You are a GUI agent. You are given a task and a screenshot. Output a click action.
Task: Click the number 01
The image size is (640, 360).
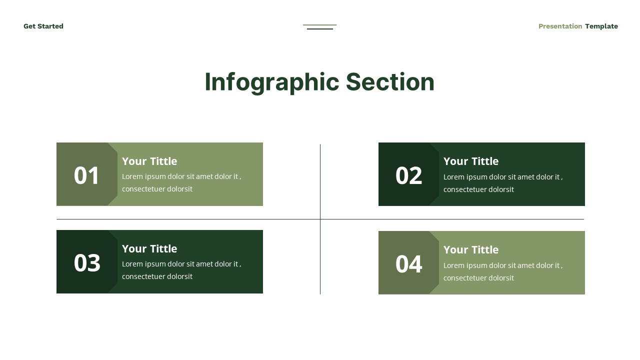[87, 175]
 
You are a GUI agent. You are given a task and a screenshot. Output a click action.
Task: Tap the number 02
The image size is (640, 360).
[408, 175]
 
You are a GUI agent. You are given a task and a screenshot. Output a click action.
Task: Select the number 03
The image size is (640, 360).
[87, 263]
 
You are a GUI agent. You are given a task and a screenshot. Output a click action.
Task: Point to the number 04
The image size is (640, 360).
[408, 264]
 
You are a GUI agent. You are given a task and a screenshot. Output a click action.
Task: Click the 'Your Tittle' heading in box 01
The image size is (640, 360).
[149, 161]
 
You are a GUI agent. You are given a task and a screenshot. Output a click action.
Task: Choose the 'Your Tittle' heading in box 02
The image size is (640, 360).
[471, 161]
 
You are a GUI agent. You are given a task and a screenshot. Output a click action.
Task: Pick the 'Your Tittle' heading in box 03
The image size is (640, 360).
[149, 248]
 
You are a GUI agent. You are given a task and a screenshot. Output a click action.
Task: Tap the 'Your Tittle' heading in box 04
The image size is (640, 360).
[471, 249]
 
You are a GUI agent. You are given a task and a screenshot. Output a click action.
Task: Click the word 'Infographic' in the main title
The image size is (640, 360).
[271, 82]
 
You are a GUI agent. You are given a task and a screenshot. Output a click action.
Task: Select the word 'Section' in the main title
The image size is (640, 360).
[390, 82]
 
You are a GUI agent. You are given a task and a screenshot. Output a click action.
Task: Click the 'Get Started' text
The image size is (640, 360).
[43, 26]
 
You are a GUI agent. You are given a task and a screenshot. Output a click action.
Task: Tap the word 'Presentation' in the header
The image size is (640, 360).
[560, 26]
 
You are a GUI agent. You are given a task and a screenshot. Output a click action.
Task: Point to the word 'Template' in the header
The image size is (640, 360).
[601, 26]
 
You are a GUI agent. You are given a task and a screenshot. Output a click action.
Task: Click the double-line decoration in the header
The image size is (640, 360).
[320, 27]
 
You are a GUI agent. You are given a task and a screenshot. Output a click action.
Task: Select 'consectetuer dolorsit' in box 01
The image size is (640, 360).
[157, 189]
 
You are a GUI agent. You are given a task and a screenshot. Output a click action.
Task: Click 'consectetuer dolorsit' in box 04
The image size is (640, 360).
[478, 278]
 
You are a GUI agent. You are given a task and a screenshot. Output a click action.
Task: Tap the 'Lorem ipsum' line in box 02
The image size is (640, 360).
[503, 177]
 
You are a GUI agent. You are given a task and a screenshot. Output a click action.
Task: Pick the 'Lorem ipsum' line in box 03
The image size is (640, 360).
[181, 264]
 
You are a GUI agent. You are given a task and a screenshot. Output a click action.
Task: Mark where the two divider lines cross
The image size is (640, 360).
[320, 219]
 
